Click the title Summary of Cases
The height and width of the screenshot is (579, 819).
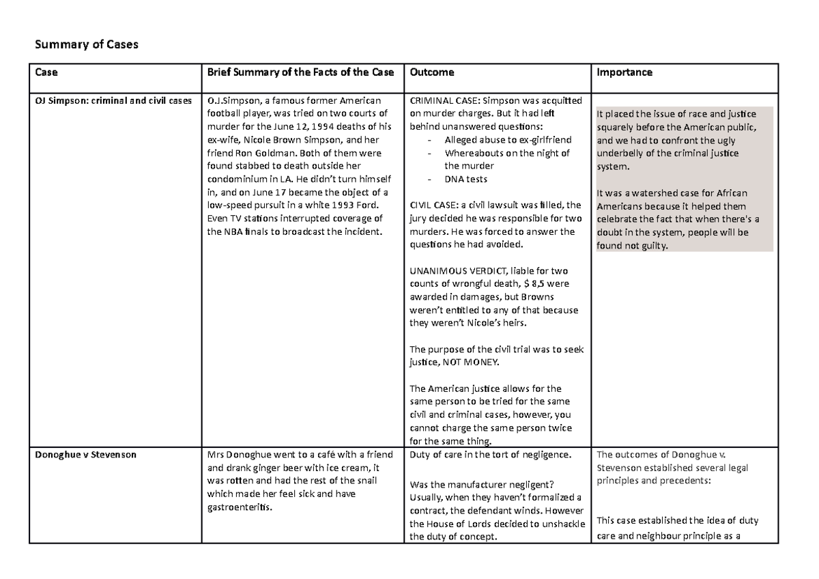click(86, 45)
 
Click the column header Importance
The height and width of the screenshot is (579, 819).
click(624, 72)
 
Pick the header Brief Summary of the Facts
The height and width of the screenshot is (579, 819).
click(300, 72)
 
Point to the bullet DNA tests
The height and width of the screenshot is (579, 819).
click(465, 179)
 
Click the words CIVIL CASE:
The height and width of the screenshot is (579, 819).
click(433, 205)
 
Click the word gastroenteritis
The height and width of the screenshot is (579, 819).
click(239, 507)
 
